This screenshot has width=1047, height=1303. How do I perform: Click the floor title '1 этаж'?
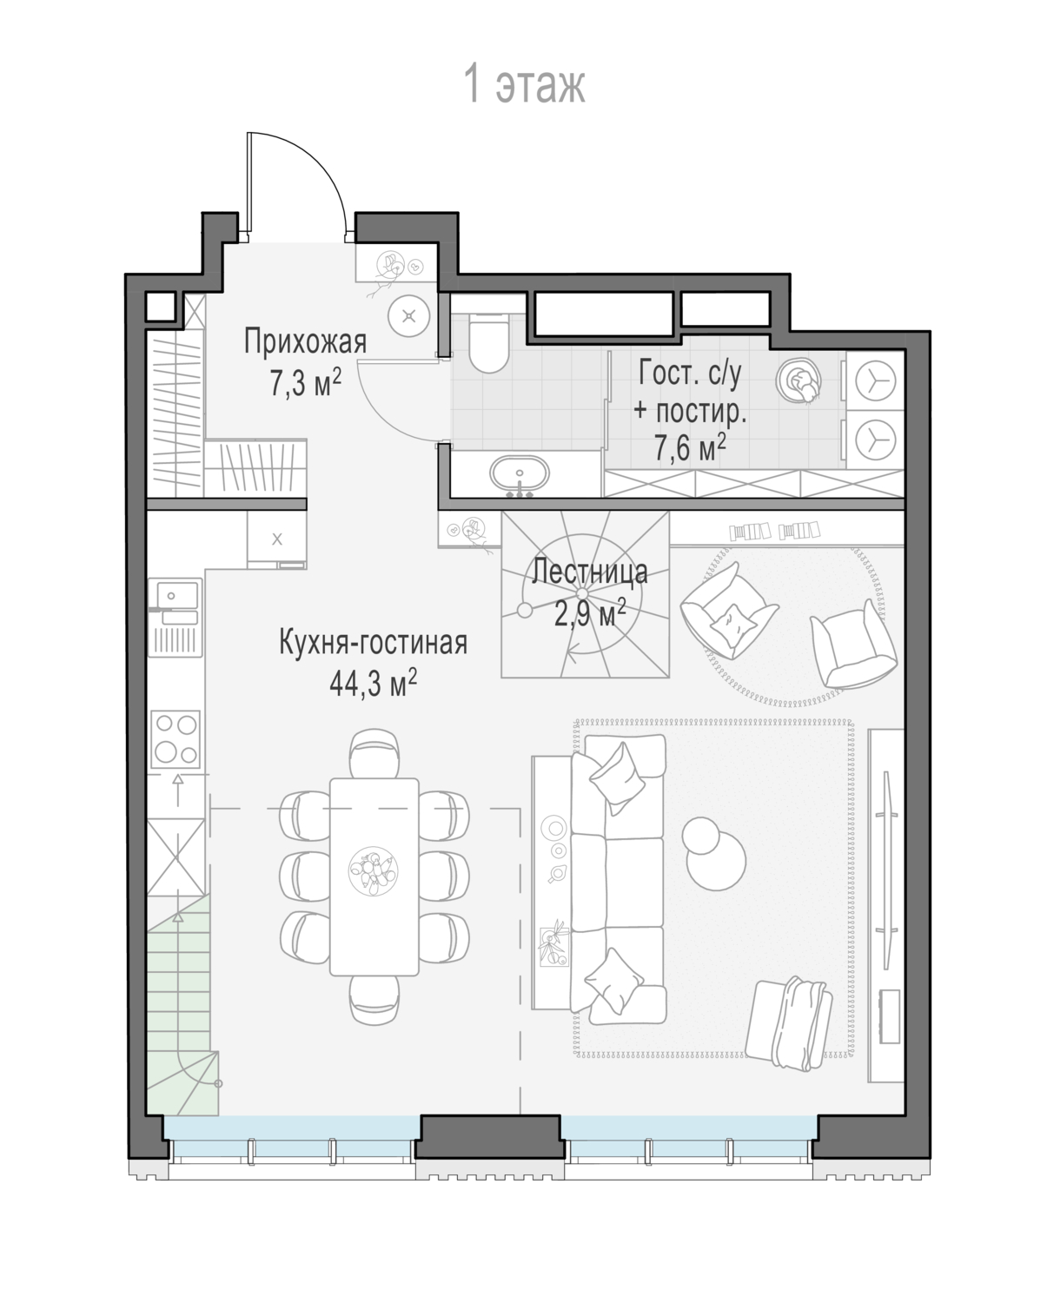[525, 85]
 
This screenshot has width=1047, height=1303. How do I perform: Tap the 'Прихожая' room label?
[305, 341]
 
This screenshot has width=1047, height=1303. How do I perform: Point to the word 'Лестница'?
[590, 572]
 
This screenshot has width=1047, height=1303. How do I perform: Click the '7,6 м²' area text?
[690, 448]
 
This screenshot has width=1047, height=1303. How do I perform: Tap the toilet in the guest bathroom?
[489, 343]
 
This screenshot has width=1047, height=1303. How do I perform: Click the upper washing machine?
[875, 381]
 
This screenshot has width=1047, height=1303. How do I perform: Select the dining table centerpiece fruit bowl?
[374, 870]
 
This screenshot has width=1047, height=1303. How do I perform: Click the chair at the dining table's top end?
[374, 753]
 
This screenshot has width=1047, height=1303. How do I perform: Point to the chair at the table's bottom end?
[374, 1000]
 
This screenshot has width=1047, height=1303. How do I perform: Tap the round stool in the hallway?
[409, 315]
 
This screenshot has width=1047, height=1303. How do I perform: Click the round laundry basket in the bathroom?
[799, 380]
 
